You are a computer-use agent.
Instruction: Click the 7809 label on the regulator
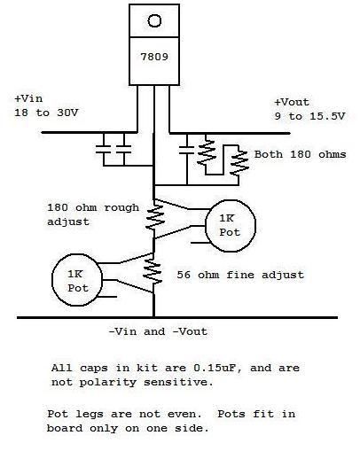point(154,57)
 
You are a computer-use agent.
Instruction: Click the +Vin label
point(28,98)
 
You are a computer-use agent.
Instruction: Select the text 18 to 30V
point(46,113)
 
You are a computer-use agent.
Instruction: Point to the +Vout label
point(292,102)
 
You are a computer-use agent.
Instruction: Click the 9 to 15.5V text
point(309,116)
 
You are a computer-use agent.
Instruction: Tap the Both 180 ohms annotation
point(300,154)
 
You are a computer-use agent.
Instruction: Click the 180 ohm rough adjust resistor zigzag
point(154,217)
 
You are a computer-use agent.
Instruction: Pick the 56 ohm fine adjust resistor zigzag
point(153,272)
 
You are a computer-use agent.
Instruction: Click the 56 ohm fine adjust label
point(240,275)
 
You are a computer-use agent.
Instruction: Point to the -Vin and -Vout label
point(158,331)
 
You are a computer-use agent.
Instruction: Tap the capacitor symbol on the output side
point(187,150)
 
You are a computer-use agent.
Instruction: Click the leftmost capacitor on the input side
point(104,149)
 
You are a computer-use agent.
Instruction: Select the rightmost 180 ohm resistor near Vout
point(239,162)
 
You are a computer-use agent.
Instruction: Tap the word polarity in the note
point(108,382)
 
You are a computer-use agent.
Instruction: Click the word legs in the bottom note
point(89,414)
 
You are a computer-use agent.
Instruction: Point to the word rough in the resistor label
point(121,207)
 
